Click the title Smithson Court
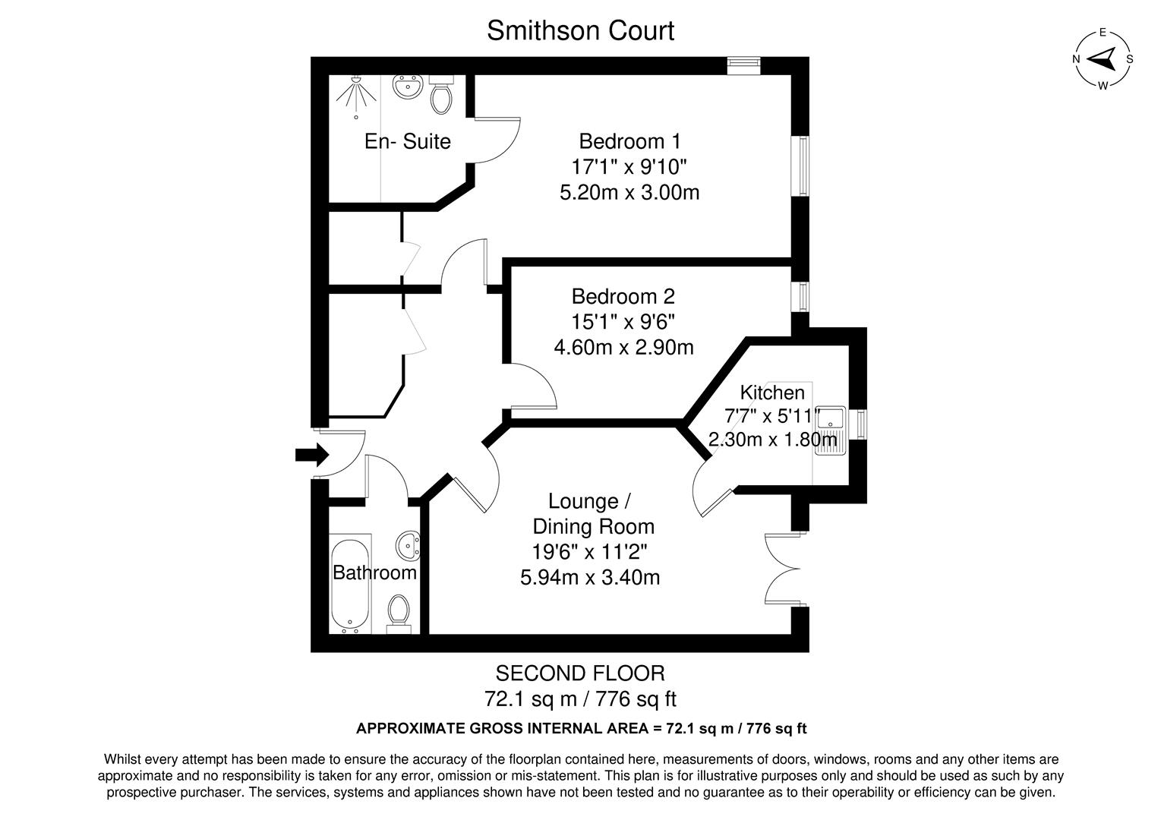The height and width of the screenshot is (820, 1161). pos(580,31)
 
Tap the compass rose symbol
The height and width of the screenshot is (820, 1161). pos(1103,58)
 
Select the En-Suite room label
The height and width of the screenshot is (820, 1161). pos(408,141)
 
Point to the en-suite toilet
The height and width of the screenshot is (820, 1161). pos(441,94)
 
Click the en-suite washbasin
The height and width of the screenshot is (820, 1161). pos(408,87)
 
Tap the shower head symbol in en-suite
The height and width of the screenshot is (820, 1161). pos(355,96)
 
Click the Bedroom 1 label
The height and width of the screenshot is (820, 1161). pos(629,141)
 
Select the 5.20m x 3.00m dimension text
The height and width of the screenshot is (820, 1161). pos(629,192)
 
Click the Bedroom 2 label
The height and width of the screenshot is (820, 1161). pos(623,296)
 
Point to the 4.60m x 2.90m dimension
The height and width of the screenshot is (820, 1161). pos(623,348)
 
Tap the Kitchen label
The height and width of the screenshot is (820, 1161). pos(772,393)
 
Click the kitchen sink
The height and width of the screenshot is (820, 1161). pos(831,430)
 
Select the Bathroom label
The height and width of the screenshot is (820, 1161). pos(375,572)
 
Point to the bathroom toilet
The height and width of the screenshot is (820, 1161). pos(399,611)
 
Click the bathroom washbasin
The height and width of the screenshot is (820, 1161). pos(408,544)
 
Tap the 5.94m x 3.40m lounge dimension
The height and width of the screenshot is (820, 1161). pos(590,578)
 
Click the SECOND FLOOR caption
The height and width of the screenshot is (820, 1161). pos(580,673)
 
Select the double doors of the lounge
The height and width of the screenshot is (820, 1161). pos(782,569)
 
